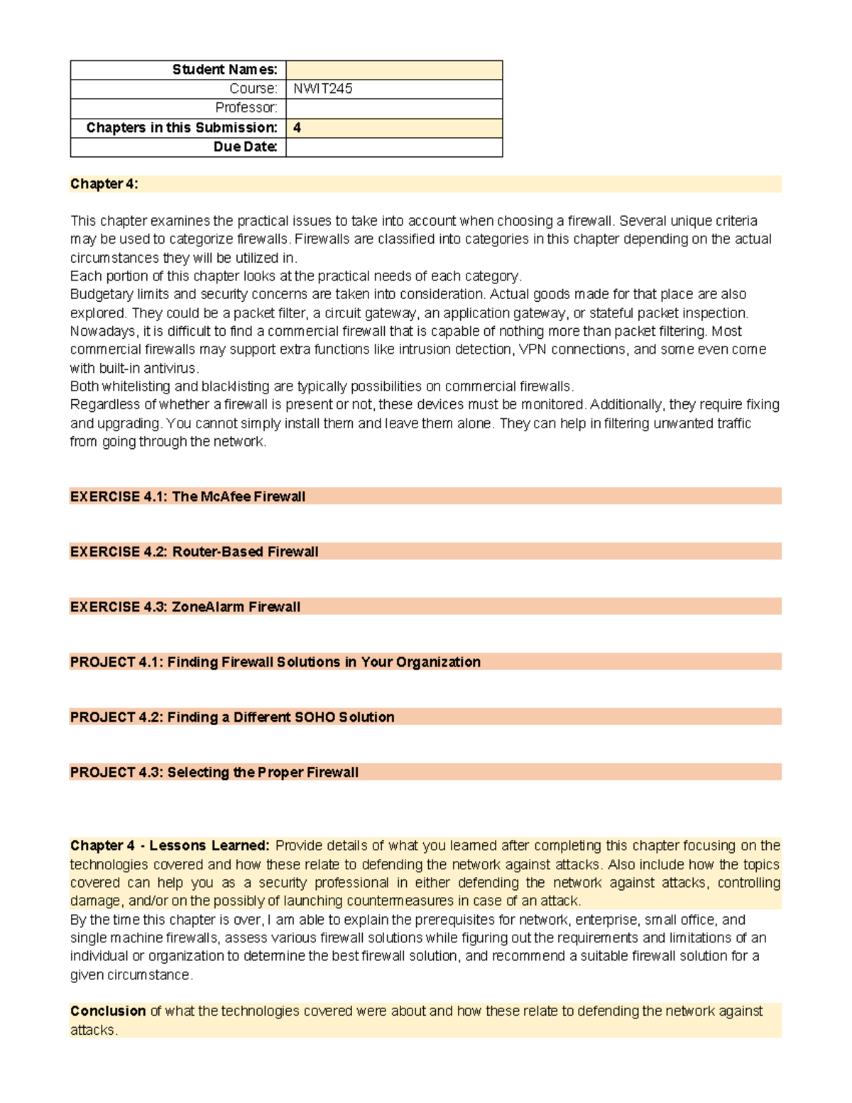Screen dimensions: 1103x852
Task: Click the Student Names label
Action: (x=224, y=70)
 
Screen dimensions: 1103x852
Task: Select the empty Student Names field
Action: (x=394, y=70)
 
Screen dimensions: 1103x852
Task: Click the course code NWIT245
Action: (x=323, y=89)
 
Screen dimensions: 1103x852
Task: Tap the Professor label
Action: (x=246, y=108)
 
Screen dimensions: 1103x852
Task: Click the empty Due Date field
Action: (x=394, y=147)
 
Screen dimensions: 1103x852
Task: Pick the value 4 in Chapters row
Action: (x=297, y=128)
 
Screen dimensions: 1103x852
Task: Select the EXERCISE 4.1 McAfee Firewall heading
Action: (x=187, y=496)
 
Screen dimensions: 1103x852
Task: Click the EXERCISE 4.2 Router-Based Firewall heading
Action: (x=194, y=552)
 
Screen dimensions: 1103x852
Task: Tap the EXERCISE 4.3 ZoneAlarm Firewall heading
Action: (x=185, y=607)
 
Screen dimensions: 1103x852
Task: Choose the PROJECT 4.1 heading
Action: (x=275, y=662)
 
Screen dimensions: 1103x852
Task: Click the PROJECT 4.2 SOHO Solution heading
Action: (x=232, y=717)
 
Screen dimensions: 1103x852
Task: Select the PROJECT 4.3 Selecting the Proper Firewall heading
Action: (x=214, y=772)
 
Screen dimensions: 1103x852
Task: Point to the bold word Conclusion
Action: (x=108, y=1011)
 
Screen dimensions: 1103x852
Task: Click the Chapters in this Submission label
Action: (x=182, y=128)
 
